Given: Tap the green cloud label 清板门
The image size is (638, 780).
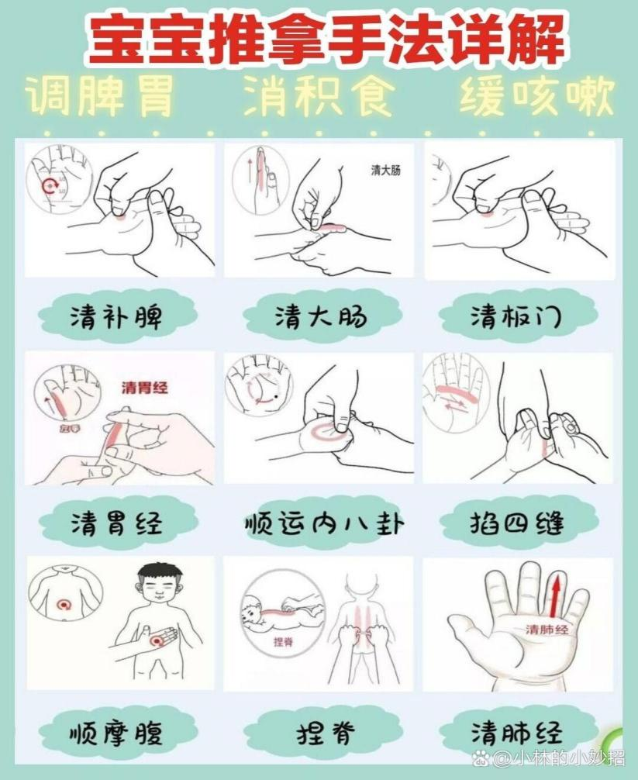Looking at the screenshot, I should click(517, 316).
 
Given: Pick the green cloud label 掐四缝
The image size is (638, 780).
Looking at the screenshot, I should click(517, 523).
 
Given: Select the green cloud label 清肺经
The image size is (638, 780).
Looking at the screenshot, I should click(517, 731).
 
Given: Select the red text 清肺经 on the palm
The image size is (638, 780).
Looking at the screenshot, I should click(547, 630).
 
